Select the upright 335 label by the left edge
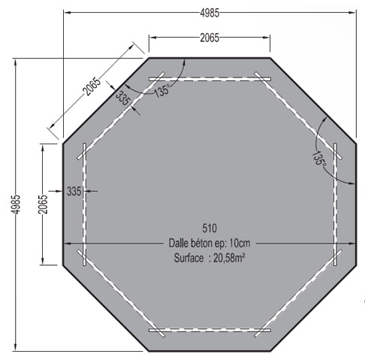(74, 191)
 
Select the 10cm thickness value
(240, 243)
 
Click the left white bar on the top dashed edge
(162, 77)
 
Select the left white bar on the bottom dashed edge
(162, 329)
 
